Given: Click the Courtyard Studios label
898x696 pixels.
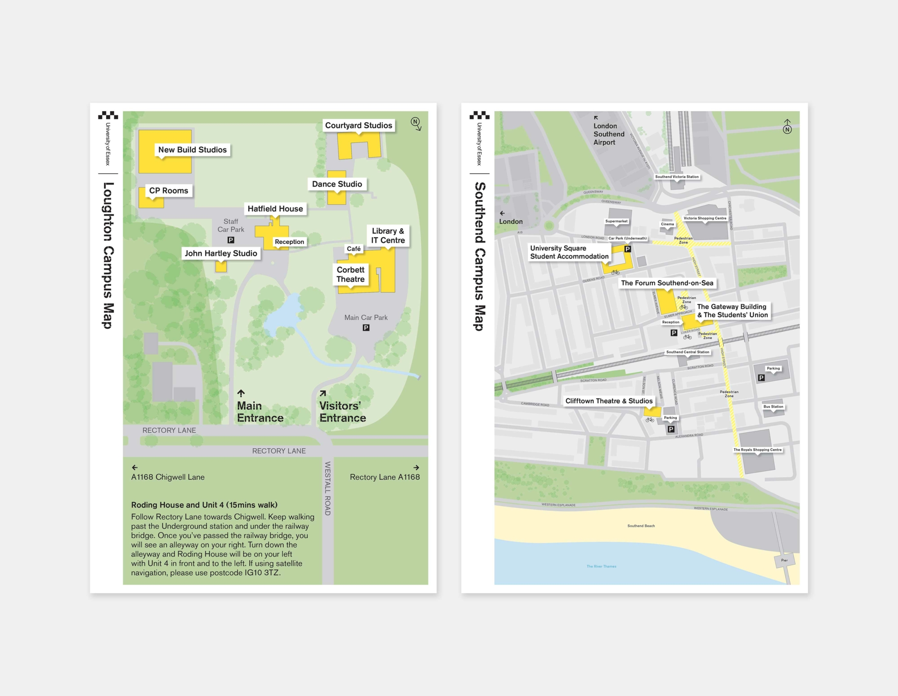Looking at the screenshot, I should [358, 125].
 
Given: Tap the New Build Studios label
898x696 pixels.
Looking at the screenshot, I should [192, 150].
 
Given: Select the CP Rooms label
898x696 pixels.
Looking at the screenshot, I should [168, 190].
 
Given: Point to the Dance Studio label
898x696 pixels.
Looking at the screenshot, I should [337, 184].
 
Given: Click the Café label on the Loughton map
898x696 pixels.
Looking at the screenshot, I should [353, 249].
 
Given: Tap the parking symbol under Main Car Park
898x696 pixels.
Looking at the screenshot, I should [366, 328].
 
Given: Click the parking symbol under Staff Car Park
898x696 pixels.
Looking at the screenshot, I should [231, 240].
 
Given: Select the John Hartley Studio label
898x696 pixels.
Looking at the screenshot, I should [221, 253].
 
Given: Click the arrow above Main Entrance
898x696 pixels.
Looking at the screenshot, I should [241, 393].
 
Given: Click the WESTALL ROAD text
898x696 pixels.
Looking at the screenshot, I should [328, 488].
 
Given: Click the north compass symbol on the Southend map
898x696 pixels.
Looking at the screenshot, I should [787, 127].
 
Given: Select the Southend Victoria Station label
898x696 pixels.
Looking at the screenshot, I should [677, 177].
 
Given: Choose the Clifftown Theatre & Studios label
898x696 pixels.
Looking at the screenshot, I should [609, 401].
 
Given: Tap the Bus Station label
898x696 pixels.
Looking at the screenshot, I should [773, 407].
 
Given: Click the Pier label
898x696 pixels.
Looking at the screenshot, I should [785, 560].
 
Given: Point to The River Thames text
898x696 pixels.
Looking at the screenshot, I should [601, 567].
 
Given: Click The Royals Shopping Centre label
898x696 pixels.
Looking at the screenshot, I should [757, 450].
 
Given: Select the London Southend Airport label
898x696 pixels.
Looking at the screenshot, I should [609, 134].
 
